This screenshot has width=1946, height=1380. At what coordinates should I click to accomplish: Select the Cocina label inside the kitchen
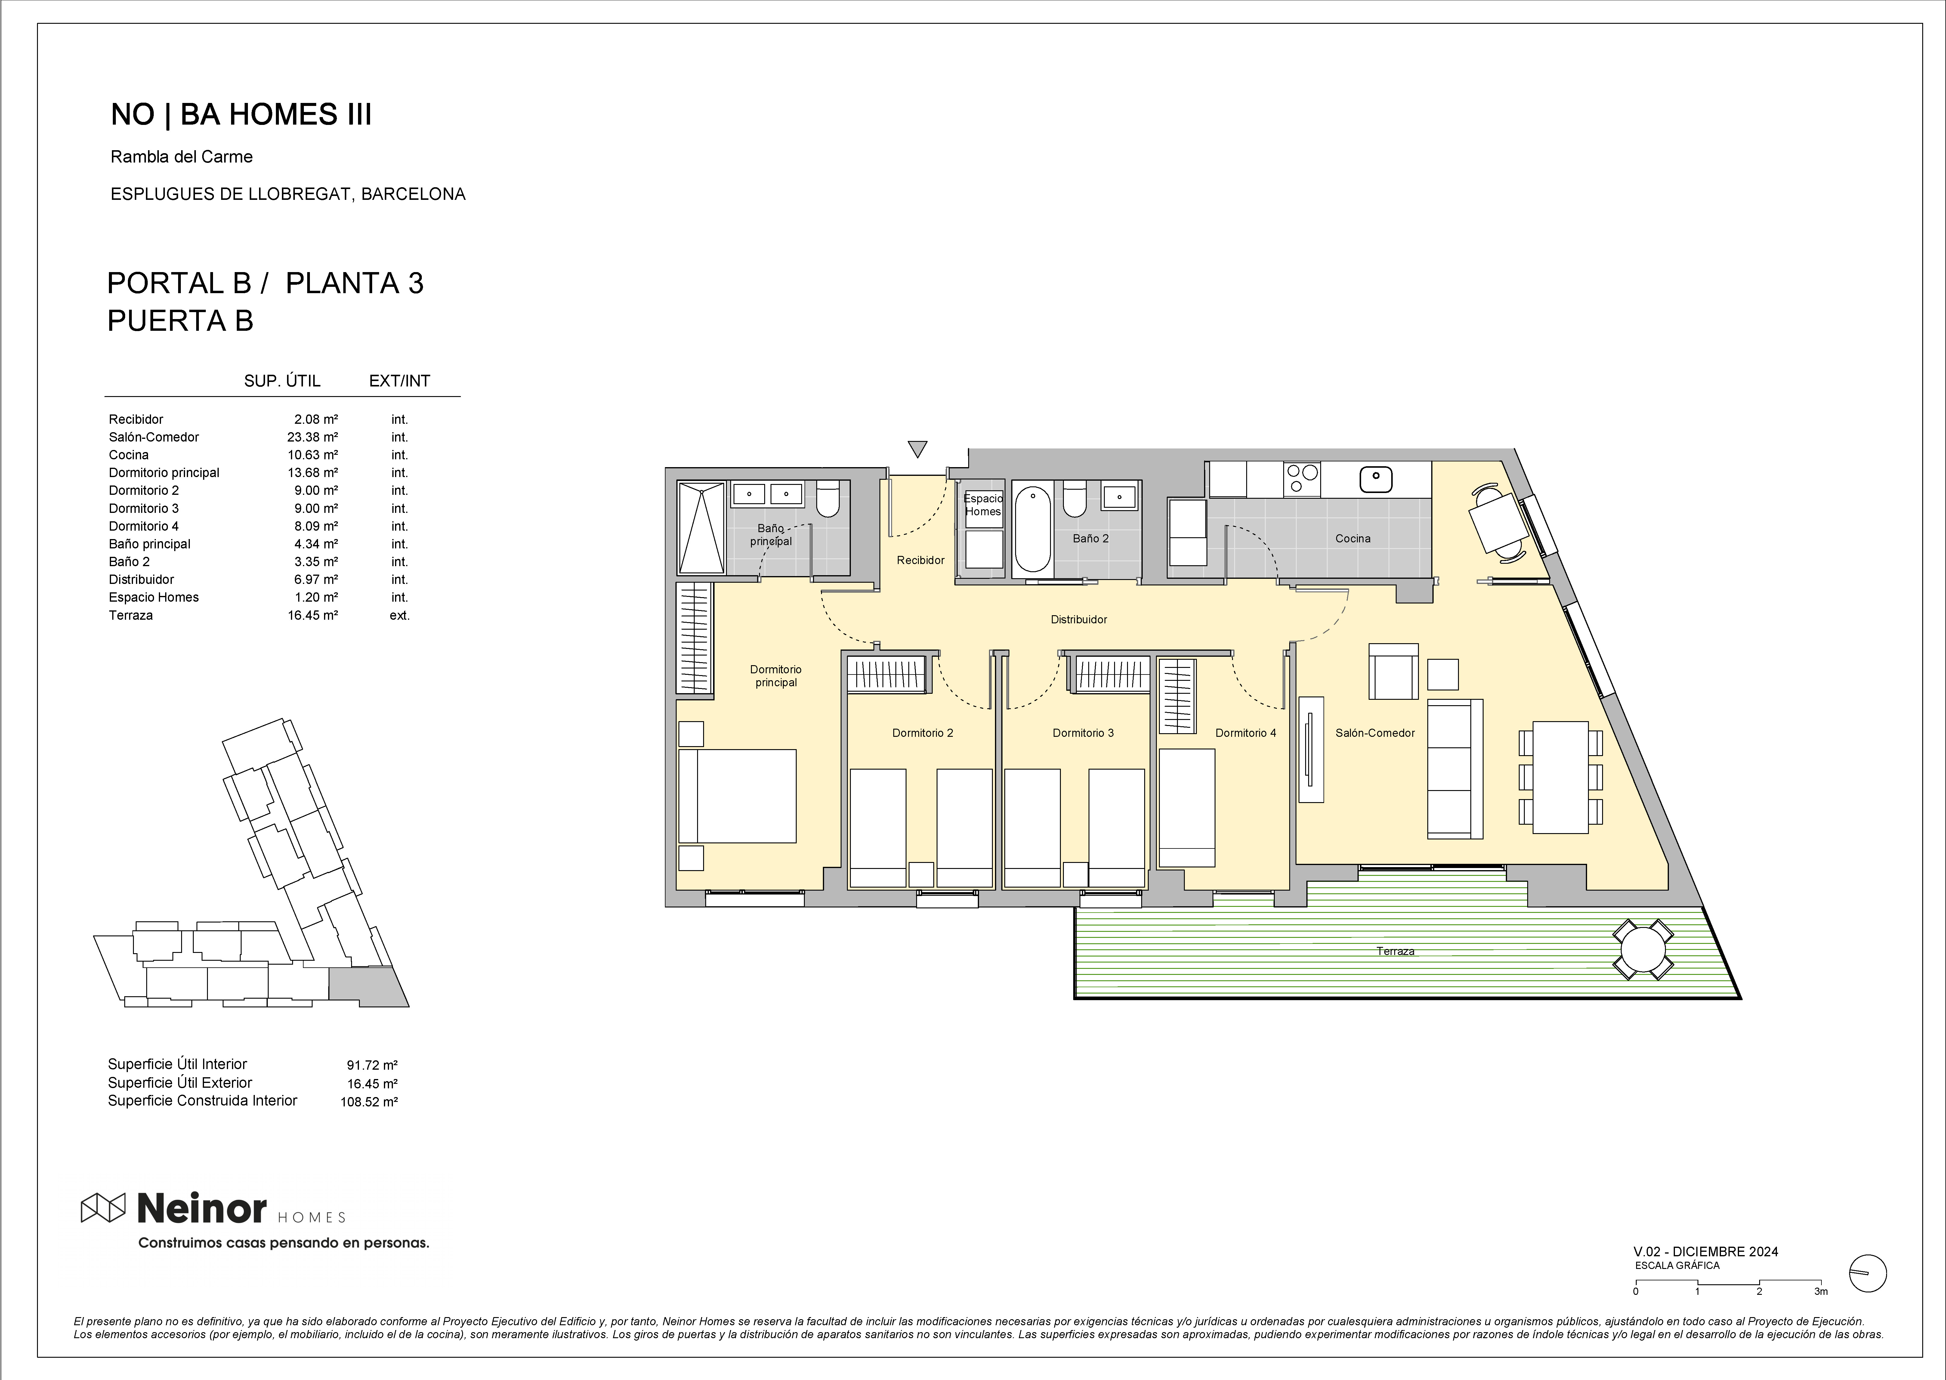tap(1352, 538)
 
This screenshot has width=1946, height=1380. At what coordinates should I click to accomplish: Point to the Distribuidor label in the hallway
tap(1079, 619)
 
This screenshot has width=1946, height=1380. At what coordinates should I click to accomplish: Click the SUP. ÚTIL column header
tap(282, 381)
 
